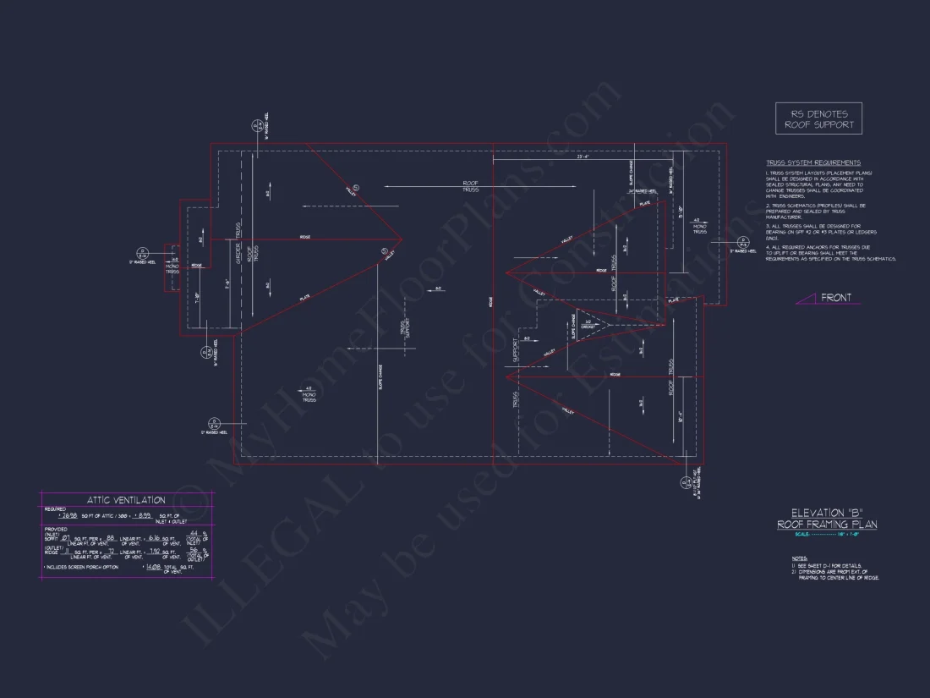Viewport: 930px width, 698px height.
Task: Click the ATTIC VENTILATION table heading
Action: (126, 500)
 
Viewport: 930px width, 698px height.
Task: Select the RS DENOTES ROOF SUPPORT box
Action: (818, 118)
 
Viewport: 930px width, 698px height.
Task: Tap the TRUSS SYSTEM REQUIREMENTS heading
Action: (813, 162)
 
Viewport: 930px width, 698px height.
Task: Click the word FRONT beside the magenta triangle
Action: (836, 298)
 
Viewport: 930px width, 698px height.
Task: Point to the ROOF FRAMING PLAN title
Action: (827, 525)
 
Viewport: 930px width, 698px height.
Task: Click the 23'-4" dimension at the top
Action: (583, 157)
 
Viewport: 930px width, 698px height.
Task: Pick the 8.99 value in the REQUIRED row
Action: (144, 515)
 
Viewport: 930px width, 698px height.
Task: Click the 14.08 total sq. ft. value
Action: (152, 567)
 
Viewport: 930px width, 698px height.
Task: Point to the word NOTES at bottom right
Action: (799, 558)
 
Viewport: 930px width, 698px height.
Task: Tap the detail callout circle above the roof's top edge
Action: (257, 127)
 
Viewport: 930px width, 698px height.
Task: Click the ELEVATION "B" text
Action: (827, 513)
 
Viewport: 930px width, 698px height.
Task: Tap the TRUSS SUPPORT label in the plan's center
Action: (404, 330)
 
